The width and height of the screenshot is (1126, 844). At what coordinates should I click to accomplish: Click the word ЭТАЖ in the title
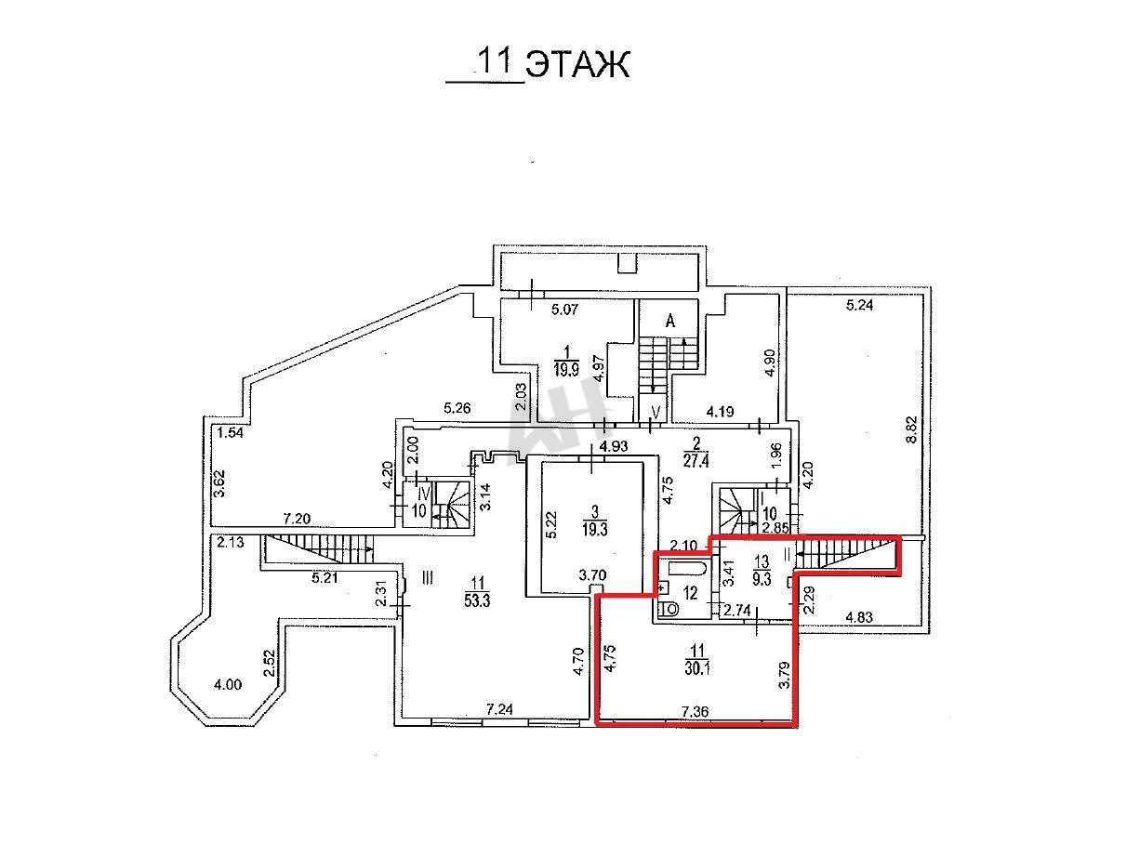pyautogui.click(x=577, y=65)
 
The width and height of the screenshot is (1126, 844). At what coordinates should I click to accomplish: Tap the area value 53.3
pyautogui.click(x=477, y=600)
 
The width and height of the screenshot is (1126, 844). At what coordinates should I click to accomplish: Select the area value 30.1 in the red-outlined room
pyautogui.click(x=697, y=668)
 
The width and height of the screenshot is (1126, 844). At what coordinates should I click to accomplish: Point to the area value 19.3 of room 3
pyautogui.click(x=594, y=529)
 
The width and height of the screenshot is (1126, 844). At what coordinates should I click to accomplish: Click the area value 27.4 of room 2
pyautogui.click(x=696, y=461)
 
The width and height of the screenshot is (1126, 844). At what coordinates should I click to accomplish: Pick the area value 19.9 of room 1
pyautogui.click(x=566, y=370)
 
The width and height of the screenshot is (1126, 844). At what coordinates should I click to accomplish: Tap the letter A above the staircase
pyautogui.click(x=670, y=322)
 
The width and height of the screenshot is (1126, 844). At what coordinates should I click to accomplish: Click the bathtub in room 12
pyautogui.click(x=688, y=569)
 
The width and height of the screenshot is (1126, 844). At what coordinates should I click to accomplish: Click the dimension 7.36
pyautogui.click(x=695, y=712)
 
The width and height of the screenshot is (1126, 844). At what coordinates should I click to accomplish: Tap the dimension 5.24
pyautogui.click(x=859, y=305)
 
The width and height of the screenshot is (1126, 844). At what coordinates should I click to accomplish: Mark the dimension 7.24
pyautogui.click(x=499, y=709)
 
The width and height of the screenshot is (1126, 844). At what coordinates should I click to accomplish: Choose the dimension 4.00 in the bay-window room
pyautogui.click(x=227, y=684)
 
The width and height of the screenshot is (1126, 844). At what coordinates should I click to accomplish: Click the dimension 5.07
pyautogui.click(x=564, y=310)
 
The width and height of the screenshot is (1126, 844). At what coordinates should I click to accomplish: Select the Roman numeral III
pyautogui.click(x=427, y=578)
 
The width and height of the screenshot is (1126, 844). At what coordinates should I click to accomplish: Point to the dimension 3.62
pyautogui.click(x=219, y=484)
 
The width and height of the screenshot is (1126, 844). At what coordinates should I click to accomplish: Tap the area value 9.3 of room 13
pyautogui.click(x=762, y=579)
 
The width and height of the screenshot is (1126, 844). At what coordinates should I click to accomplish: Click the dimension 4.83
pyautogui.click(x=859, y=617)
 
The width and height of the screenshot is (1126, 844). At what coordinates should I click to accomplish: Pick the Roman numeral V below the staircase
pyautogui.click(x=656, y=412)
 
